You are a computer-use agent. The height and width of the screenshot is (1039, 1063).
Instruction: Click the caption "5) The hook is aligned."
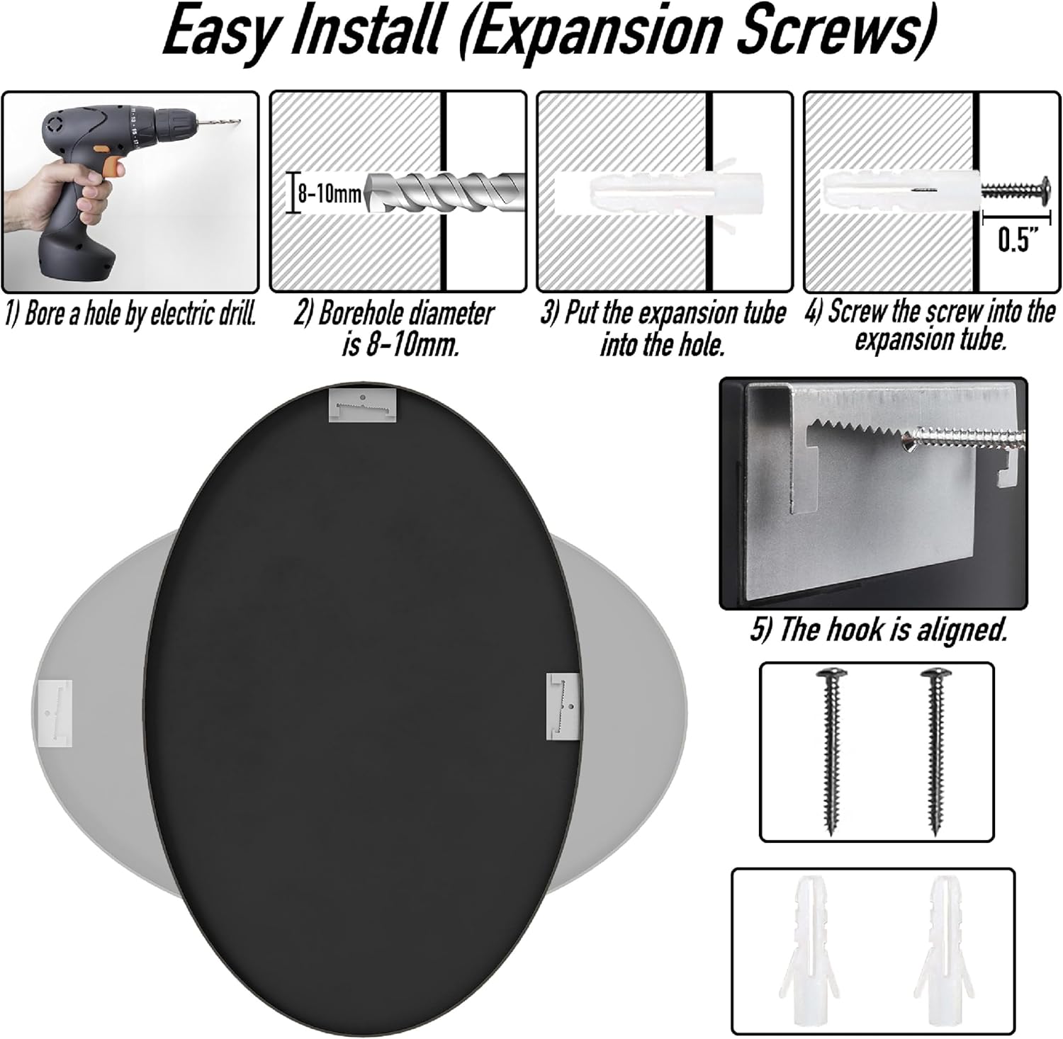pyautogui.click(x=878, y=630)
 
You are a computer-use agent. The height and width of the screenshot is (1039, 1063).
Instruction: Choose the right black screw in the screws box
pyautogui.click(x=933, y=749)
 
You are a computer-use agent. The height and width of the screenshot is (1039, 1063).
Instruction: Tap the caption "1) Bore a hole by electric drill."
pyautogui.click(x=131, y=314)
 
